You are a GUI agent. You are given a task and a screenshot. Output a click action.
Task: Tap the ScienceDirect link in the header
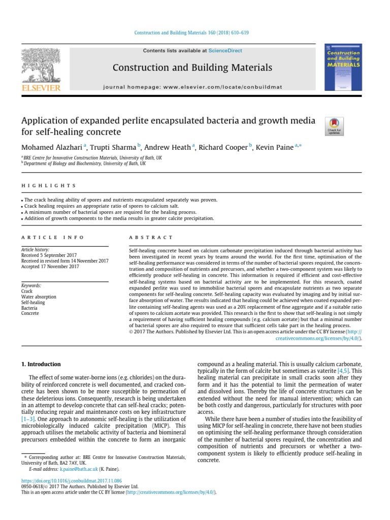pyautogui.click(x=225, y=51)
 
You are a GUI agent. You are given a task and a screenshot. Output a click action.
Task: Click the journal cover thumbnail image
pyautogui.click(x=343, y=67)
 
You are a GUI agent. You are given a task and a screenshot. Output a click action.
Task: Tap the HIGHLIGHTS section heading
pyautogui.click(x=49, y=186)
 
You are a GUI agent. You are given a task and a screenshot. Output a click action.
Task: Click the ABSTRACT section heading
pyautogui.click(x=152, y=237)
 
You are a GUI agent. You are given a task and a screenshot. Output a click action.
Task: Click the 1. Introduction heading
pyautogui.click(x=41, y=364)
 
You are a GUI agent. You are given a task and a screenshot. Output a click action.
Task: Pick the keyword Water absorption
pyautogui.click(x=39, y=297)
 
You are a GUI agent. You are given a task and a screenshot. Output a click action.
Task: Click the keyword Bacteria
pyautogui.click(x=30, y=308)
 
